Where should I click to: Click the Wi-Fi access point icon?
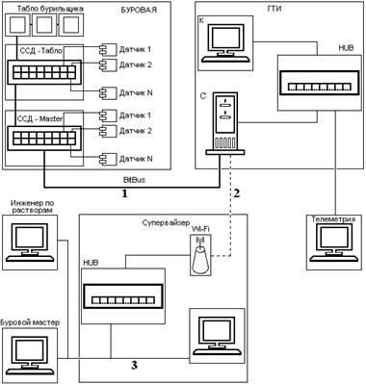(x=200, y=255)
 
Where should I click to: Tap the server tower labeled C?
(x=225, y=123)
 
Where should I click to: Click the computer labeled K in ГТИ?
(x=225, y=43)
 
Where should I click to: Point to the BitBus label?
(x=134, y=180)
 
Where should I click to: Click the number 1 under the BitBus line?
(x=124, y=193)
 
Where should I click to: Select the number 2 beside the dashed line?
(x=237, y=193)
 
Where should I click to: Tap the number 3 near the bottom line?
(x=134, y=365)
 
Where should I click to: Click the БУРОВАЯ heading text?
(x=139, y=10)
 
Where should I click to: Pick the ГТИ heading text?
(x=274, y=9)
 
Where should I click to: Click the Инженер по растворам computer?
(x=30, y=243)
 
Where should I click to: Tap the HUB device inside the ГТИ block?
(x=319, y=83)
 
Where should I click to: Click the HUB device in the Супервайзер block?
(x=123, y=296)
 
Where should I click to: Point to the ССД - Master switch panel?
(x=44, y=138)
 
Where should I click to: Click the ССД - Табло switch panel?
(x=44, y=72)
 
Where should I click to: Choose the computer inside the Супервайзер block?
(x=217, y=336)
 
